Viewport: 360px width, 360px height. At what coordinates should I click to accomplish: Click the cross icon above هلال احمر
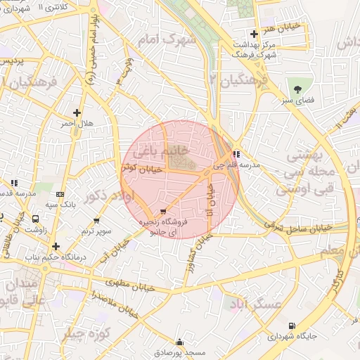click(x=77, y=112)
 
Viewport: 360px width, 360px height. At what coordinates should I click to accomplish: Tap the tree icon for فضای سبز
click(x=297, y=89)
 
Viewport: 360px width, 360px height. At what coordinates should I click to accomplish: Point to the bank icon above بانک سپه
click(x=59, y=193)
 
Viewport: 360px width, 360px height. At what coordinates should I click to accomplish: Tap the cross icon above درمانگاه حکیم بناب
click(x=56, y=246)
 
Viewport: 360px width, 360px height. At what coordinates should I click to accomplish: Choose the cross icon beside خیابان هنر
click(x=254, y=34)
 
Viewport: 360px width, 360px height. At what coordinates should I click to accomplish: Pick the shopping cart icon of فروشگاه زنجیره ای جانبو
click(x=164, y=211)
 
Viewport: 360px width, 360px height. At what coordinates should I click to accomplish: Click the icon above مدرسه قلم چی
click(x=237, y=154)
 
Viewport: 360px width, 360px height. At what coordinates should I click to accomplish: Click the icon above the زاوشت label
click(x=36, y=219)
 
